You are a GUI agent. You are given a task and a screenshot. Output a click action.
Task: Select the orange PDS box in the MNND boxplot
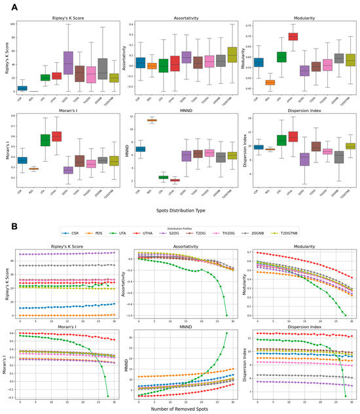point(152,121)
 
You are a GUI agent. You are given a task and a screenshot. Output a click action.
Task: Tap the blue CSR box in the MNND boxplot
point(140,149)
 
